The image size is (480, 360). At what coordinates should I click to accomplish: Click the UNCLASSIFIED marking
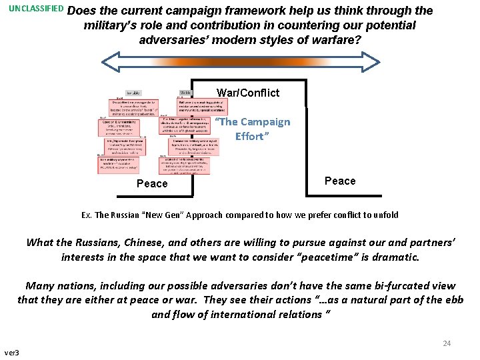coord(36,10)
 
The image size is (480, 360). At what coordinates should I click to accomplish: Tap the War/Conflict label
coord(248,93)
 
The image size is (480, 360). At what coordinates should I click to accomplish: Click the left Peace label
coord(152,183)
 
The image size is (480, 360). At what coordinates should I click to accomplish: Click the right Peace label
coord(340,181)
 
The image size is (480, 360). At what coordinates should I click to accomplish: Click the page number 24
coord(447,343)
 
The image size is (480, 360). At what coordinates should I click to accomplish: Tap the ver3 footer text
coord(12,352)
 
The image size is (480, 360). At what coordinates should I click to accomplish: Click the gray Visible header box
coord(186,93)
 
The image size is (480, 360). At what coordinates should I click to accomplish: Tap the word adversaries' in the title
coord(171,40)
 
